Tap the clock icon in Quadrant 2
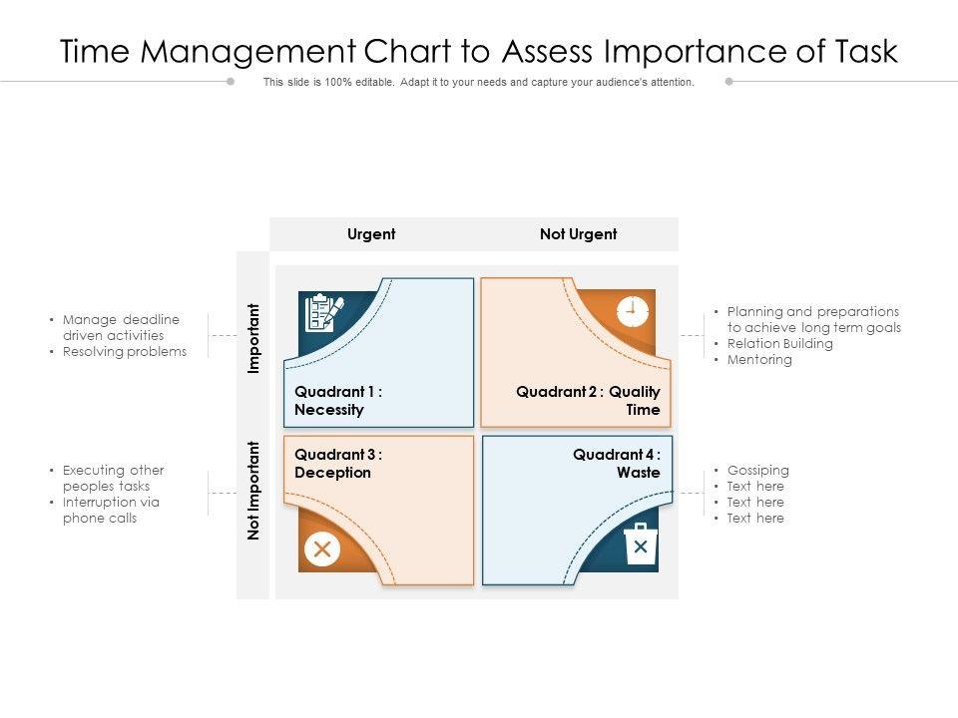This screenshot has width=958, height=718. (633, 310)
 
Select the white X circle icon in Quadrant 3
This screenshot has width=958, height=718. (321, 548)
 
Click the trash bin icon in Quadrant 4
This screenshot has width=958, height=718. (640, 544)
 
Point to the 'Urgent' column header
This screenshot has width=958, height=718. (371, 234)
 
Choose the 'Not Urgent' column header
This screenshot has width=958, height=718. (579, 234)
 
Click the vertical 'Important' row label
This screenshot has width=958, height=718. (253, 338)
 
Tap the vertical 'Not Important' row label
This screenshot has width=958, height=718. (253, 491)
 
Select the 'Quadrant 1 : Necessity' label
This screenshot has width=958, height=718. (338, 401)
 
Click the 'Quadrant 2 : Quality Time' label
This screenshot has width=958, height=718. (589, 401)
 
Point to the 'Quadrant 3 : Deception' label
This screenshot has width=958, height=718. (338, 464)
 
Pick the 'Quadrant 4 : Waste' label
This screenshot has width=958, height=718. (617, 464)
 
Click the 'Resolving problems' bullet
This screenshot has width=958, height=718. (125, 352)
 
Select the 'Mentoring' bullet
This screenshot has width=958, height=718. (759, 360)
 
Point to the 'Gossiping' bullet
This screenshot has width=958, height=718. (758, 471)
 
